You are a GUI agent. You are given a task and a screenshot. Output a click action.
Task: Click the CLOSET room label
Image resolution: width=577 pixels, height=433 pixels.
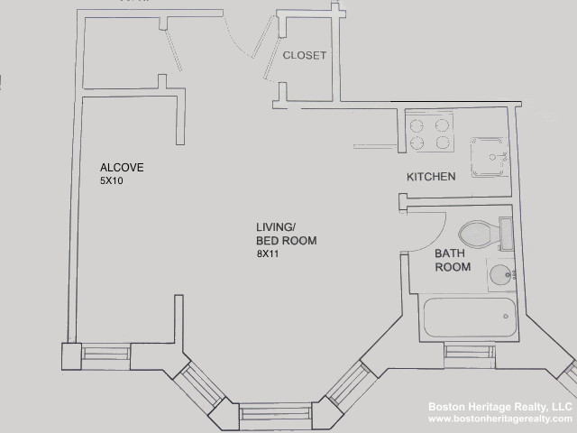pyautogui.click(x=304, y=55)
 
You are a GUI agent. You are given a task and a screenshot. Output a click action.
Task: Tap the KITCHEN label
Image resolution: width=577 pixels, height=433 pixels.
pyautogui.click(x=431, y=177)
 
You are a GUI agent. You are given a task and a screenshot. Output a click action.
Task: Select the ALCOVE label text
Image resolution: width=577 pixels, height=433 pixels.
pyautogui.click(x=122, y=168)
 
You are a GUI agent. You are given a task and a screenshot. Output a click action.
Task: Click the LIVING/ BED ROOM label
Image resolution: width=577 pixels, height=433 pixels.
pyautogui.click(x=286, y=235)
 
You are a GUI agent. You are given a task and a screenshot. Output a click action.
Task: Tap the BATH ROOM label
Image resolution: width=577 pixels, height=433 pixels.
pyautogui.click(x=453, y=261)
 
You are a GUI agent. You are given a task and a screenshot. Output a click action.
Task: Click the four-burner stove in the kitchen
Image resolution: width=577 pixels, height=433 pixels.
pyautogui.click(x=429, y=134)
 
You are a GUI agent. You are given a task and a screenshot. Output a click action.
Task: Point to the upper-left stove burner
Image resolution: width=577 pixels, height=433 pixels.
pyautogui.click(x=417, y=125)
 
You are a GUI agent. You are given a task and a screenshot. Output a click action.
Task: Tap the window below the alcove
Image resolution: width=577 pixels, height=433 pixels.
pyautogui.click(x=105, y=354)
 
